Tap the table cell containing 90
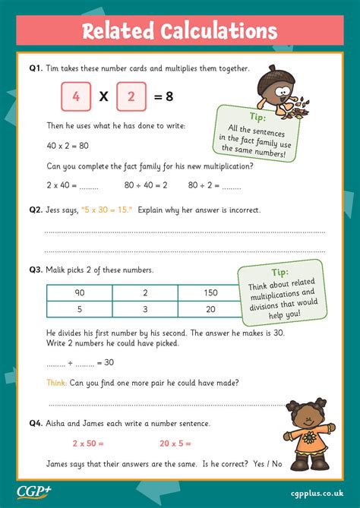click(x=78, y=292)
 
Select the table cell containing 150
click(x=210, y=292)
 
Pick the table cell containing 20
click(x=210, y=309)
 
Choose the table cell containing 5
click(x=78, y=309)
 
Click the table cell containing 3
click(x=144, y=309)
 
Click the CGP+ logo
click(x=35, y=490)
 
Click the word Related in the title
click(x=118, y=31)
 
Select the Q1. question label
click(x=36, y=68)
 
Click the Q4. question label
click(x=36, y=423)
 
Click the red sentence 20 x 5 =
click(x=175, y=443)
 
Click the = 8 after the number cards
click(x=165, y=98)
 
